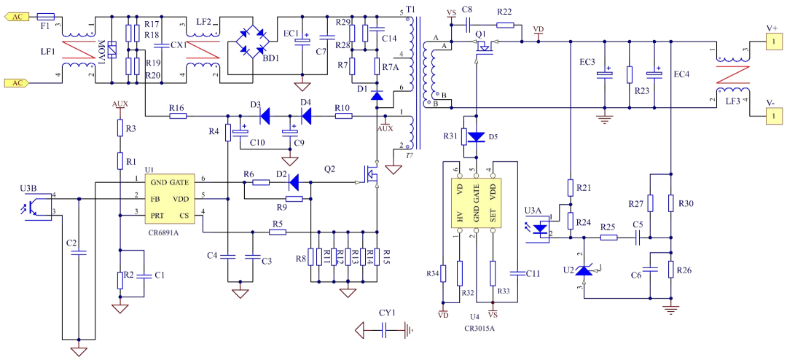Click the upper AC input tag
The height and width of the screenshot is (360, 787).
point(17,16)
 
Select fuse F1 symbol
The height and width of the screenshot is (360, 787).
point(45,16)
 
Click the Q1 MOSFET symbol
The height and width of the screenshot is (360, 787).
point(483,48)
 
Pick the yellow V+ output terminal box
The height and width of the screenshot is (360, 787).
point(773,42)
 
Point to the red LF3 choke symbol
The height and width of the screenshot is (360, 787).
point(732,75)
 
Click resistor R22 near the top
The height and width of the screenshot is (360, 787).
point(505,25)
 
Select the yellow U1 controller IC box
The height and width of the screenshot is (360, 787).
point(169,199)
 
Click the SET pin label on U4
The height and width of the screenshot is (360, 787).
point(493,216)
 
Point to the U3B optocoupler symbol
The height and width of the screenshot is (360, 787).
point(36,206)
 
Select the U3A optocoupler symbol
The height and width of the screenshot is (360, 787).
point(539,228)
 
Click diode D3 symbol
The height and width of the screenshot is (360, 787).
point(264,115)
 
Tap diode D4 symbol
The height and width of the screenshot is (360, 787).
point(306,115)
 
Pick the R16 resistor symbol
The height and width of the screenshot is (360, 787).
point(177,115)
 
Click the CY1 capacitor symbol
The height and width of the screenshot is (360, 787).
point(384,330)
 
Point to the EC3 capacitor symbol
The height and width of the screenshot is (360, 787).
point(605,74)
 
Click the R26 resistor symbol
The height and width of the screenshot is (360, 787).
point(670,269)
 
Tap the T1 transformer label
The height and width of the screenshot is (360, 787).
point(410,9)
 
